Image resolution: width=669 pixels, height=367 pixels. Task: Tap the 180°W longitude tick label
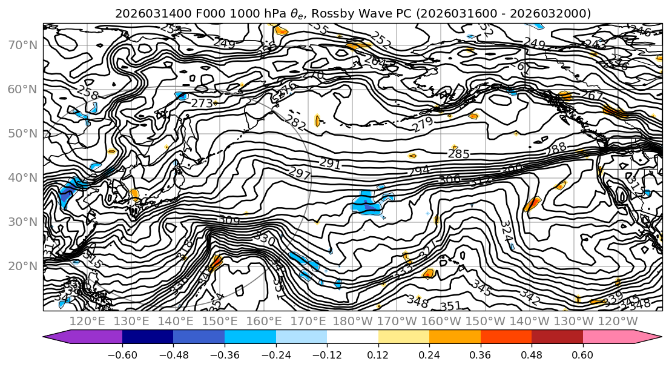(x=352, y=321)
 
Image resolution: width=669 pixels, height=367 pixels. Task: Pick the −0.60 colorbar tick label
(x=122, y=354)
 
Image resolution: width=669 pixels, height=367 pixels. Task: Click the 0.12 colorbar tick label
(x=378, y=354)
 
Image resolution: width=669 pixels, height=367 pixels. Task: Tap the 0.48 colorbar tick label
(x=532, y=354)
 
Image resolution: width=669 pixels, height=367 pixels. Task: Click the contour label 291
(x=330, y=164)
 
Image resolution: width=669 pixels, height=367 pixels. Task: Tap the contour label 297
(x=300, y=174)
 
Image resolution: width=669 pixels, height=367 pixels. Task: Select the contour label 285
(x=458, y=154)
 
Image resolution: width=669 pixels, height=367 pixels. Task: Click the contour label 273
(x=202, y=104)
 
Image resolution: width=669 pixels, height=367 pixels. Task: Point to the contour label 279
(x=423, y=125)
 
